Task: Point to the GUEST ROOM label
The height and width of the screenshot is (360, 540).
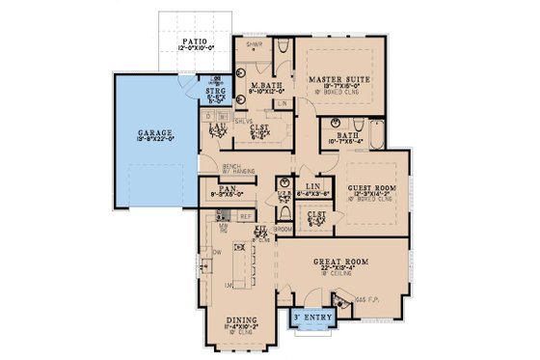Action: point(370,190)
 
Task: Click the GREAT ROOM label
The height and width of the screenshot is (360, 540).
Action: point(343,261)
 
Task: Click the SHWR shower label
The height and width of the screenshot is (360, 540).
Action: point(253,44)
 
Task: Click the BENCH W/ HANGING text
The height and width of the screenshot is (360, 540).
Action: point(211,170)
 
